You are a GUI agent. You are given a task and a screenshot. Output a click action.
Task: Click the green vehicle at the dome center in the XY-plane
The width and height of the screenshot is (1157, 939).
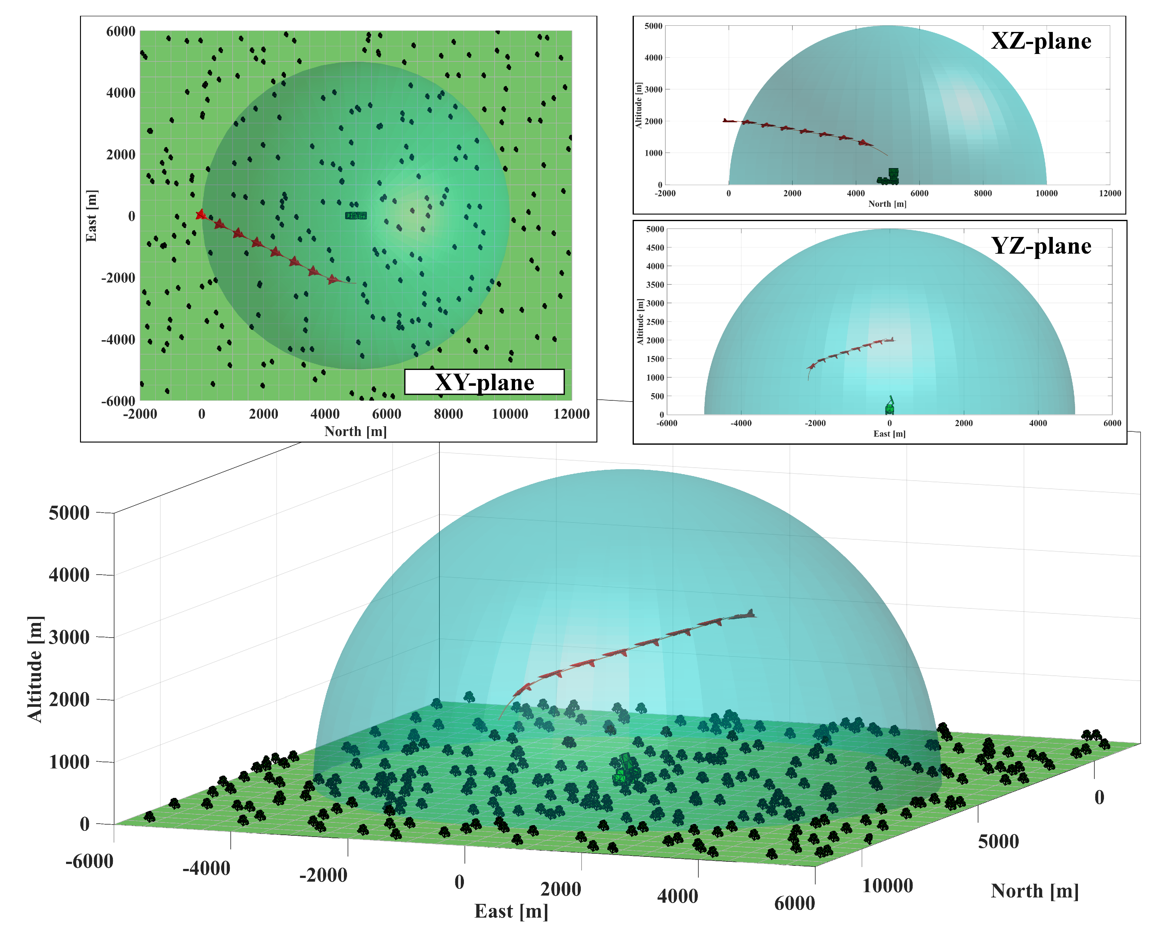[x=356, y=216]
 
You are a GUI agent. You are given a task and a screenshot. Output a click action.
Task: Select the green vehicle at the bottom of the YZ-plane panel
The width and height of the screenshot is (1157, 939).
[x=890, y=406]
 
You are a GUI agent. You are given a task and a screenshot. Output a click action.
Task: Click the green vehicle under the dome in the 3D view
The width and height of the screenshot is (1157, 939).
[x=625, y=769]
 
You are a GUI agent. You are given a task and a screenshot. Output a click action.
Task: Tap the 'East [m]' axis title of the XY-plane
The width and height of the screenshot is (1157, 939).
[x=91, y=216]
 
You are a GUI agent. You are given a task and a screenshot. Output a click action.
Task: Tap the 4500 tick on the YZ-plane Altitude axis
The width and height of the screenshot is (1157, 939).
[x=655, y=248]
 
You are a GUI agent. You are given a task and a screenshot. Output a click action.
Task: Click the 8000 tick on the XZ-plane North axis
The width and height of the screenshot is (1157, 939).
[x=982, y=193]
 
